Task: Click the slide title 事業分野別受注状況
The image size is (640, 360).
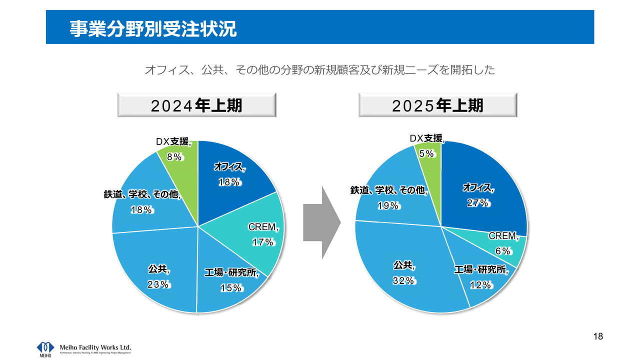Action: point(153,28)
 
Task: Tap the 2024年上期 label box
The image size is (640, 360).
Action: point(197,105)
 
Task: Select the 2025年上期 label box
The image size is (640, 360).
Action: point(437,105)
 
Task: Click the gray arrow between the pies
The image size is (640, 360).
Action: point(322,222)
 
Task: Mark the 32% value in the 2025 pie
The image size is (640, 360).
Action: point(403,280)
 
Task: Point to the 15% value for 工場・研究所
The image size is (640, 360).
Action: point(231,288)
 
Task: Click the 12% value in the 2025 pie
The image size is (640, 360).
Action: point(480,285)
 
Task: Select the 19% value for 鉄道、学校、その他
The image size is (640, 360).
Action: point(387,205)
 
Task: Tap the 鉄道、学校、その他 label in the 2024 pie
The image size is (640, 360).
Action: point(142,194)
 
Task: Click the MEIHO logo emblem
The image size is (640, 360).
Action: point(45,348)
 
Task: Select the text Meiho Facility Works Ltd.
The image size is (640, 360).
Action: point(95,346)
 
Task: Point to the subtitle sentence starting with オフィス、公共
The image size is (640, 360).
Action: point(319,70)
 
